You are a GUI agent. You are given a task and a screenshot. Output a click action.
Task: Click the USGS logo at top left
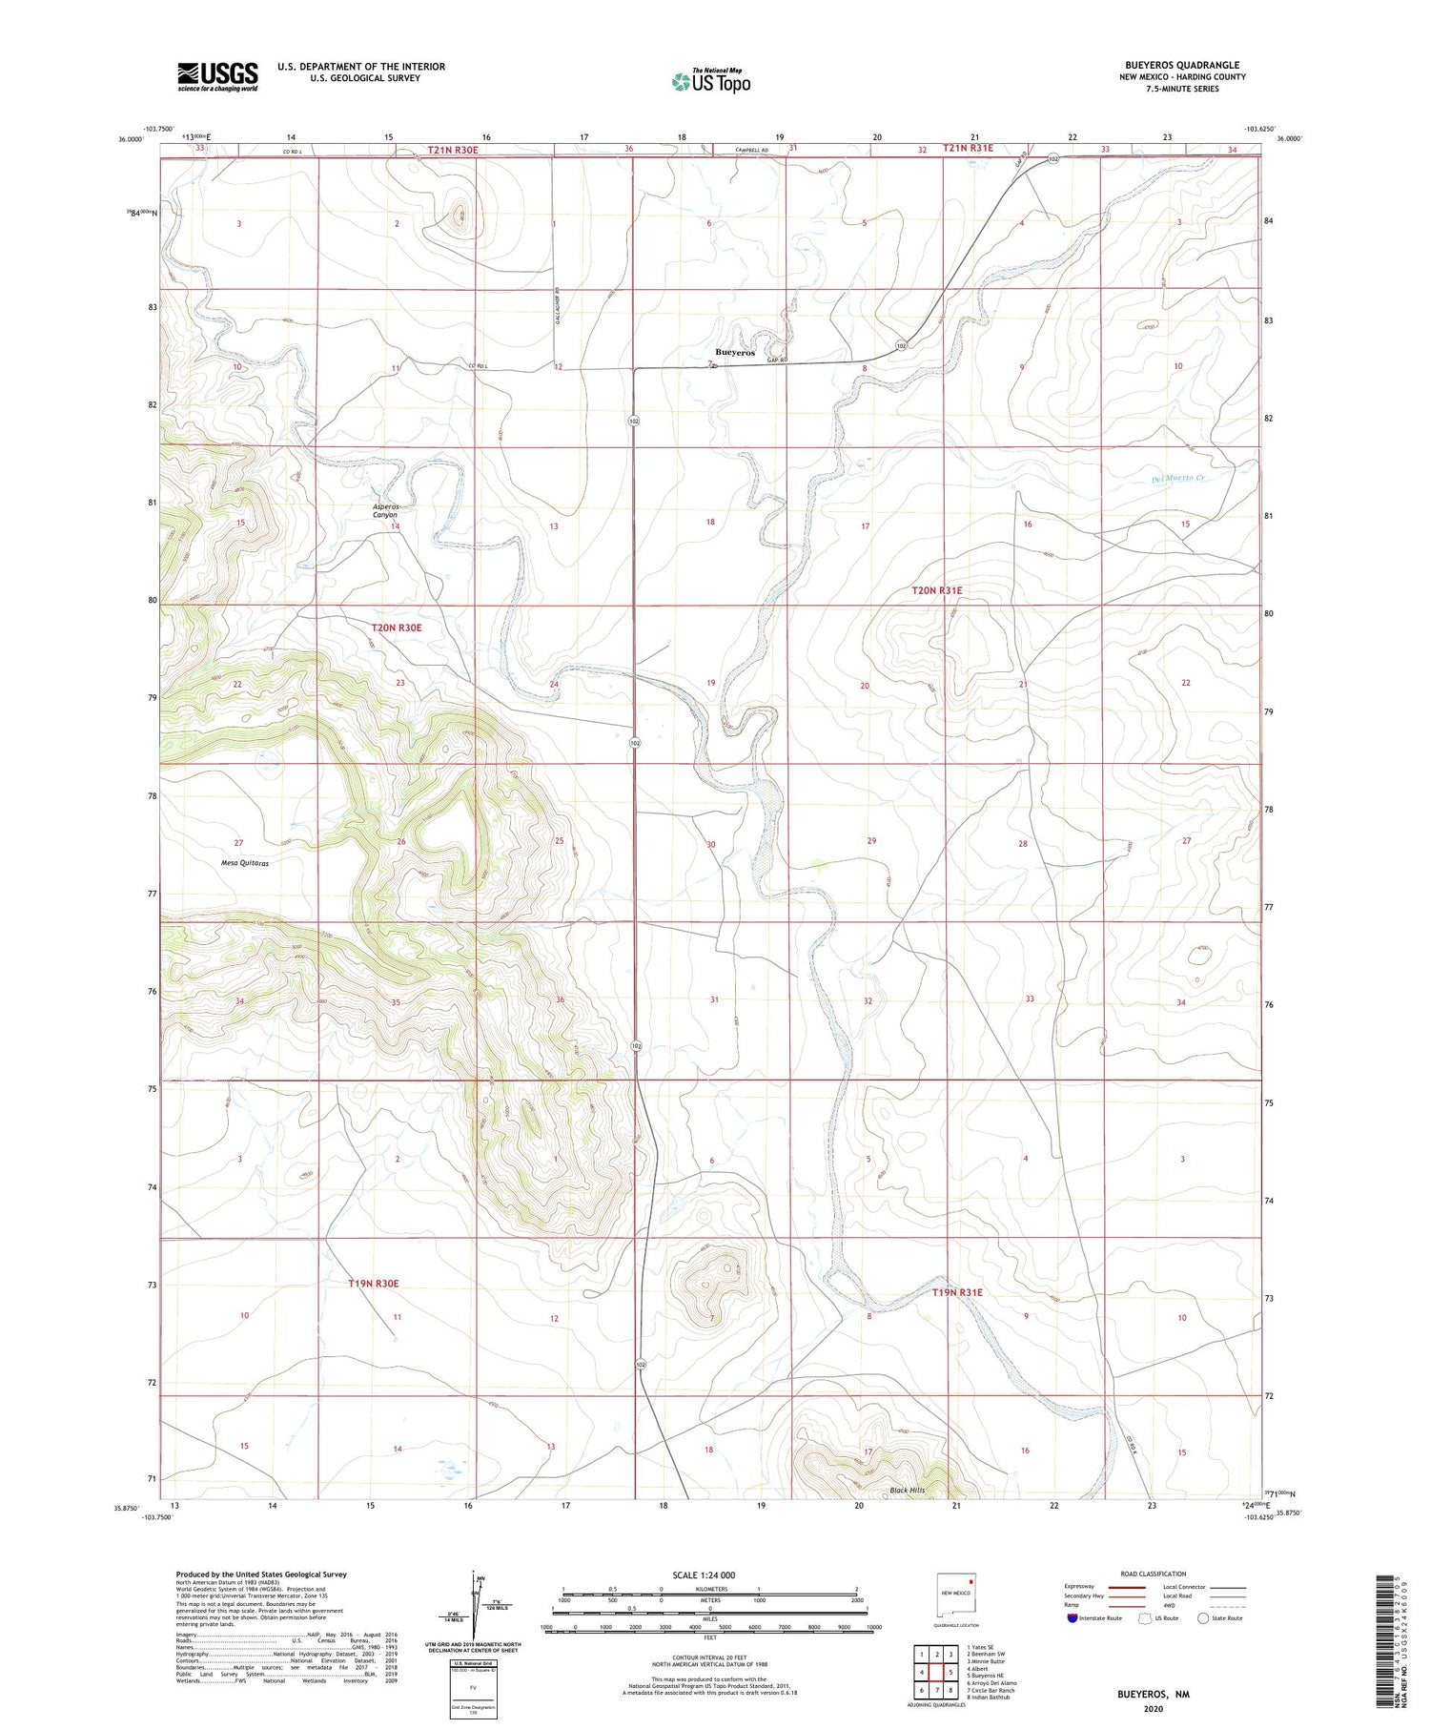click(217, 76)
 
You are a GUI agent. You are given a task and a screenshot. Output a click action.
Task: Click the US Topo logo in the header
click(710, 81)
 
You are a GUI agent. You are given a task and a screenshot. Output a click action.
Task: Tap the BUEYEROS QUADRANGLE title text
click(1181, 65)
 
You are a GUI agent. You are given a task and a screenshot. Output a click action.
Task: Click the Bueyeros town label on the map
click(735, 352)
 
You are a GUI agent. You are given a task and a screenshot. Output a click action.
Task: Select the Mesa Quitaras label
click(245, 863)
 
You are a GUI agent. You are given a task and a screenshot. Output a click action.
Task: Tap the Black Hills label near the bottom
click(907, 1490)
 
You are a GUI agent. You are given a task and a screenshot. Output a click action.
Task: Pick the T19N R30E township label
click(373, 1284)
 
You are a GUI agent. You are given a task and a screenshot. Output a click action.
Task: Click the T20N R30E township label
click(396, 628)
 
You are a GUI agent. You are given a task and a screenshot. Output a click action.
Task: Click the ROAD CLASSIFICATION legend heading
click(1153, 1574)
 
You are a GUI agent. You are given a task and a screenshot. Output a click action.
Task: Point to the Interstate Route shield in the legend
click(1072, 1617)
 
